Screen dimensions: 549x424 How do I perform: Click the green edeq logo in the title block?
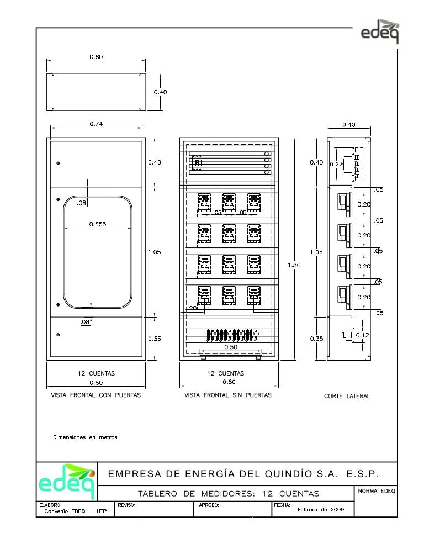point(66,481)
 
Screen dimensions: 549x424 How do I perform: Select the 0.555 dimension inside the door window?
point(98,224)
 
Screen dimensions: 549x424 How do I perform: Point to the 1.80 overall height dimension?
point(294,266)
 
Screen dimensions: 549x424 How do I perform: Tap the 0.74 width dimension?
point(96,124)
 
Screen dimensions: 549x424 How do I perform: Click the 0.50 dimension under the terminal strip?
point(230,347)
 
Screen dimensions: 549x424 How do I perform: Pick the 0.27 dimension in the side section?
point(336,164)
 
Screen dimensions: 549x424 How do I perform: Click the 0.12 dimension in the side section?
point(362,335)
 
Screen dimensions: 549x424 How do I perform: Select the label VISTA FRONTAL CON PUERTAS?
point(96,395)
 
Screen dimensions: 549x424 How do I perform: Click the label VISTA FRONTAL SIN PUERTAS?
point(227,395)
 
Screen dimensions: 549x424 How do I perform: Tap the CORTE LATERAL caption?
point(347,396)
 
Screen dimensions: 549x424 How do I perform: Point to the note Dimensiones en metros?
point(85,437)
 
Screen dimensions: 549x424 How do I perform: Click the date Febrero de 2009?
point(321,510)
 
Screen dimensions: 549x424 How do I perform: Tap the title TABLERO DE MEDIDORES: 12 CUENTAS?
point(228,493)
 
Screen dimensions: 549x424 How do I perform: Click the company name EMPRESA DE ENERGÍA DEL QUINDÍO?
point(243,474)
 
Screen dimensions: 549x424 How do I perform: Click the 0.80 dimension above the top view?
point(96,56)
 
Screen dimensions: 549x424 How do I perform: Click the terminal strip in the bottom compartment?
point(232,334)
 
